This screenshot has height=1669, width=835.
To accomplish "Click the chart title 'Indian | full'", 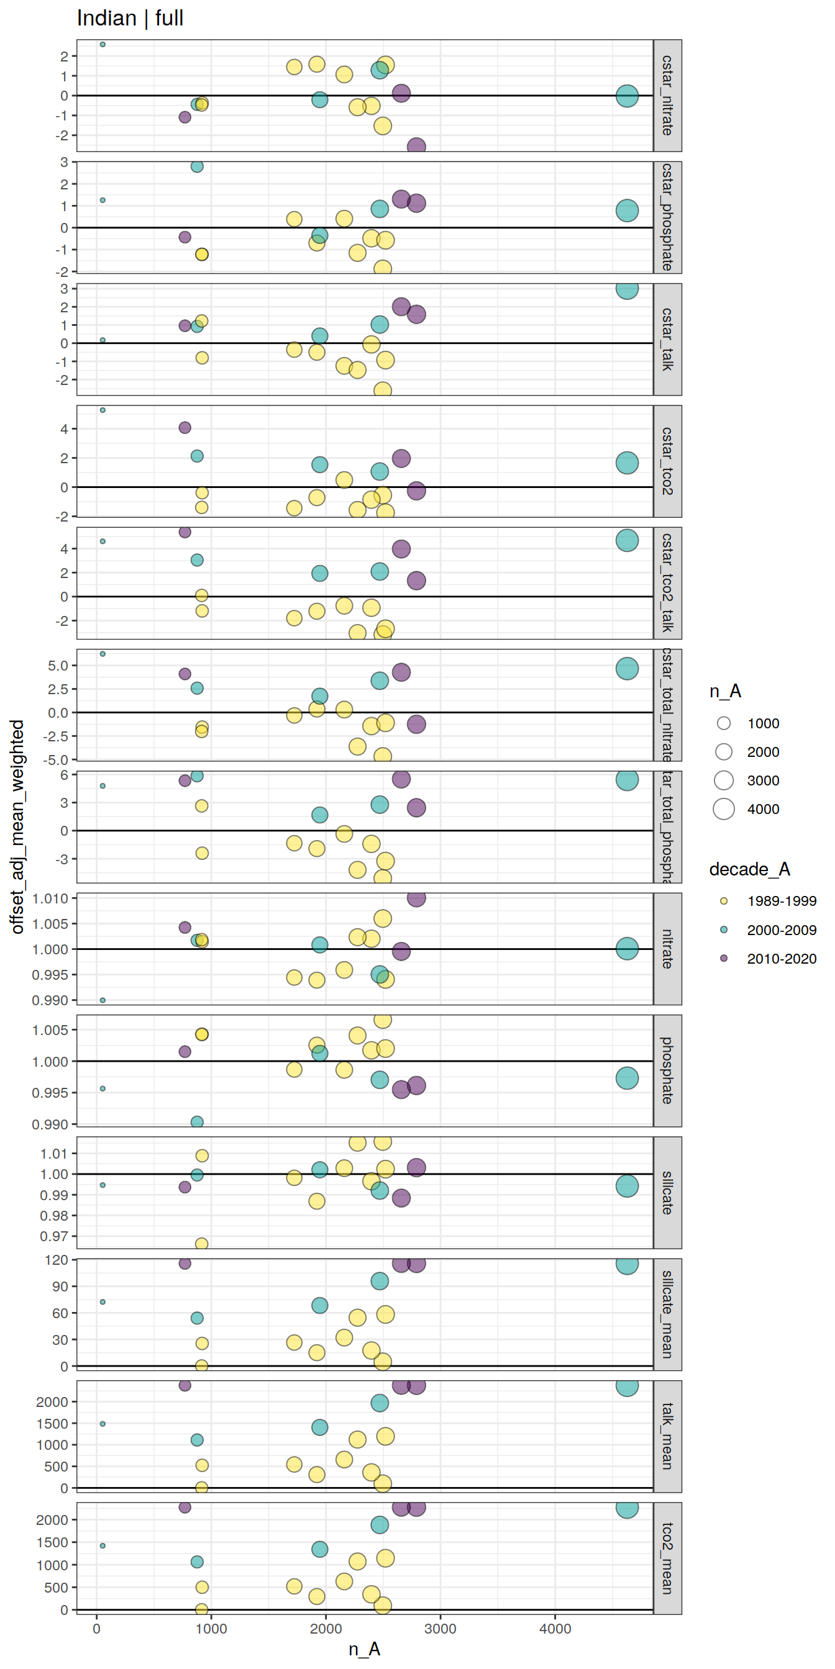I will (130, 18).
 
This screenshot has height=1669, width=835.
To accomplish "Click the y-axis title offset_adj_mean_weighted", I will (17, 826).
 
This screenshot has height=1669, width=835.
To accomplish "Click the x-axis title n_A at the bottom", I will (364, 1649).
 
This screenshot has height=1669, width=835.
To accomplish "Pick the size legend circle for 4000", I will (724, 808).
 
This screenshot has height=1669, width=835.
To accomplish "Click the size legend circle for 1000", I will (724, 723).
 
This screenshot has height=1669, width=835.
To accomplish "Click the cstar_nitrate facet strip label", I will (667, 95).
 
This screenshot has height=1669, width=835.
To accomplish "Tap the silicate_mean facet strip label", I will (667, 1314).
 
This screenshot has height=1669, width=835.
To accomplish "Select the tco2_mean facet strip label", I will (667, 1558).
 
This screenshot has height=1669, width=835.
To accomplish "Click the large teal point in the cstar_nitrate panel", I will (627, 96).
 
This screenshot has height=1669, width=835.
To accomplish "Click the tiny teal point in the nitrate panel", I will (103, 1000).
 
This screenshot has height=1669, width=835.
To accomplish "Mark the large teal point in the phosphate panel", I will (627, 1078).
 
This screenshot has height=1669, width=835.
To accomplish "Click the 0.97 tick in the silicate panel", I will (54, 1236).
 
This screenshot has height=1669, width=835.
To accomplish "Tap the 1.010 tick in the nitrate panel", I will (50, 898).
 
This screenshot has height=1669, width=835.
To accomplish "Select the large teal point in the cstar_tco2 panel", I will (627, 463).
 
